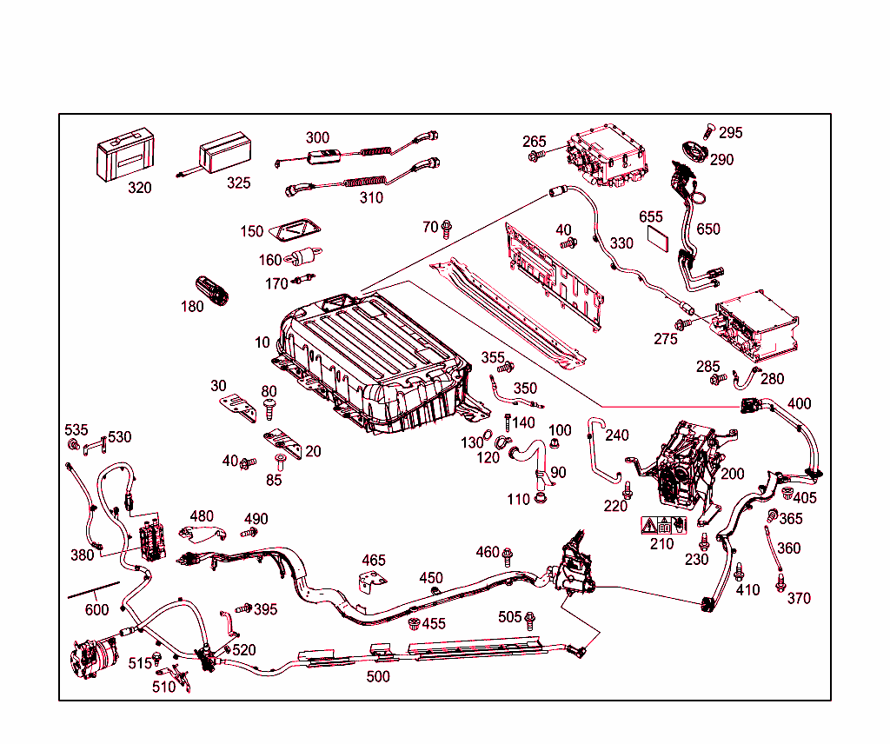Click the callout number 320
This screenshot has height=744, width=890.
139,188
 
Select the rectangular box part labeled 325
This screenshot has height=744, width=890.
225,157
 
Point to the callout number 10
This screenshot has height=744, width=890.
262,342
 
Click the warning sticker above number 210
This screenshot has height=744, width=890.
663,525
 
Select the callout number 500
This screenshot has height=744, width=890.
377,676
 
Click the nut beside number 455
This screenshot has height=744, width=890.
415,623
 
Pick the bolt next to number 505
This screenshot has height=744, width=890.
530,618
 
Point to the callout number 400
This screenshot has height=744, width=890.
799,404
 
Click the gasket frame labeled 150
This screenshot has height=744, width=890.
295,229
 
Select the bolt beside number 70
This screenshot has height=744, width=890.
447,229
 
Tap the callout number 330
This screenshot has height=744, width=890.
621,243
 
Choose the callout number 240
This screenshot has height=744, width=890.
617,435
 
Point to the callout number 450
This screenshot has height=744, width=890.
431,578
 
